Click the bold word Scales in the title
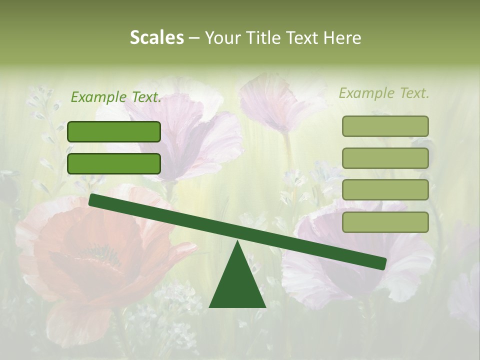click(x=156, y=37)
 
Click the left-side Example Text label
click(x=116, y=97)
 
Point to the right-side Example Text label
click(x=384, y=93)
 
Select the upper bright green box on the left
click(x=114, y=131)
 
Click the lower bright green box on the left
click(x=114, y=163)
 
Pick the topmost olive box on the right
click(x=385, y=126)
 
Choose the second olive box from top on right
click(x=385, y=158)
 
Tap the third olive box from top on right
click(x=385, y=190)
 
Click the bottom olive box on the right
click(x=385, y=222)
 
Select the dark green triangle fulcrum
click(x=237, y=285)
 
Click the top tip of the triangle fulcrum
click(x=237, y=241)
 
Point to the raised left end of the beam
click(x=92, y=200)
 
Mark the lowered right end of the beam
click(x=383, y=263)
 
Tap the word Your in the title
click(x=221, y=37)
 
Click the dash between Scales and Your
click(x=194, y=38)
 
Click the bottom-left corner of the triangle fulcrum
click(x=210, y=306)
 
